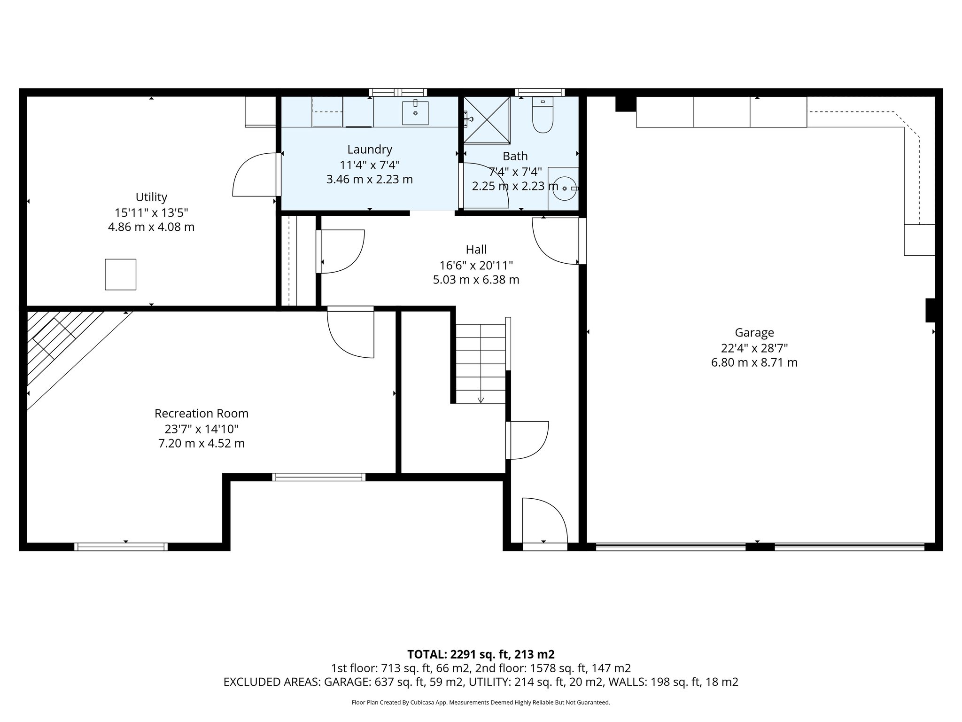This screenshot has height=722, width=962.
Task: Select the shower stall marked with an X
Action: point(487,119)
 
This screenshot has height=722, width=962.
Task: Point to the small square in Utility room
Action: point(120,274)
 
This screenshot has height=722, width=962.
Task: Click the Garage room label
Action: point(754,333)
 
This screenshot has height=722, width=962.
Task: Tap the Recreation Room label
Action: point(202,414)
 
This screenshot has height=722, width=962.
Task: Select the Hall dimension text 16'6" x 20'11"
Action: point(476,265)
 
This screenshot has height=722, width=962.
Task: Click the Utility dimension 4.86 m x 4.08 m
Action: point(151,228)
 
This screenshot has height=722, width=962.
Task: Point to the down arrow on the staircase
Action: point(481,400)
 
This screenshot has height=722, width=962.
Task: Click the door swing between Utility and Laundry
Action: point(254,175)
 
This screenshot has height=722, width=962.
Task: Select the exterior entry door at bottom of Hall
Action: point(545,522)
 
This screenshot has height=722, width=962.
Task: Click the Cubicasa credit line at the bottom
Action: point(481,703)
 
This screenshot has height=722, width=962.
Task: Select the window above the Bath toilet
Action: point(540,92)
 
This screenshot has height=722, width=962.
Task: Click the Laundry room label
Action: point(370,149)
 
